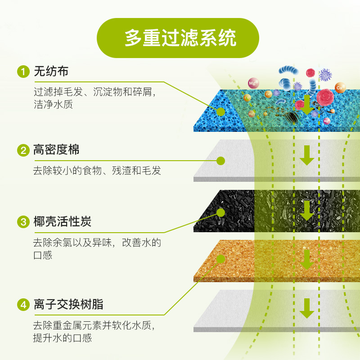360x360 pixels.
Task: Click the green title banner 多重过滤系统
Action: pos(180,38)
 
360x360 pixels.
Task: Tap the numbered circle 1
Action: pos(22,72)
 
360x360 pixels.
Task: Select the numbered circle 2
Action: pos(22,150)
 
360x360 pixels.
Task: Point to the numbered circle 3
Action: pos(22,222)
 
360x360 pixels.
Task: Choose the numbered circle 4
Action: pos(22,305)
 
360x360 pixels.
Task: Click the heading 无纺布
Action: pos(50,72)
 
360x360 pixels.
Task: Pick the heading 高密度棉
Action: pos(56,150)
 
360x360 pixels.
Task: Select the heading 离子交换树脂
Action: pos(68,305)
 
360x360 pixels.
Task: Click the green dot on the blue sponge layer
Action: pos(220,111)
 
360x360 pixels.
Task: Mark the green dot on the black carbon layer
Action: pos(220,212)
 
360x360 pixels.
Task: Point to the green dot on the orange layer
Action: pos(220,259)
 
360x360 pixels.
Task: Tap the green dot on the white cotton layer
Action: pos(220,160)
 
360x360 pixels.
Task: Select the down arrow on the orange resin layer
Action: pos(307,259)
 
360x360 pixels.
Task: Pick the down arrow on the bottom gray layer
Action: pos(307,308)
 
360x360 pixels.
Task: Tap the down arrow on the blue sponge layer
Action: pos(307,104)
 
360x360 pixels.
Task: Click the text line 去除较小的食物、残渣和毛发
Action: pos(97,171)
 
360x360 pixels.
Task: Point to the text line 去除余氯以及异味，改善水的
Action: pos(97,243)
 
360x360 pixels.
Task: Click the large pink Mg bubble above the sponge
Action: pos(253,83)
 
